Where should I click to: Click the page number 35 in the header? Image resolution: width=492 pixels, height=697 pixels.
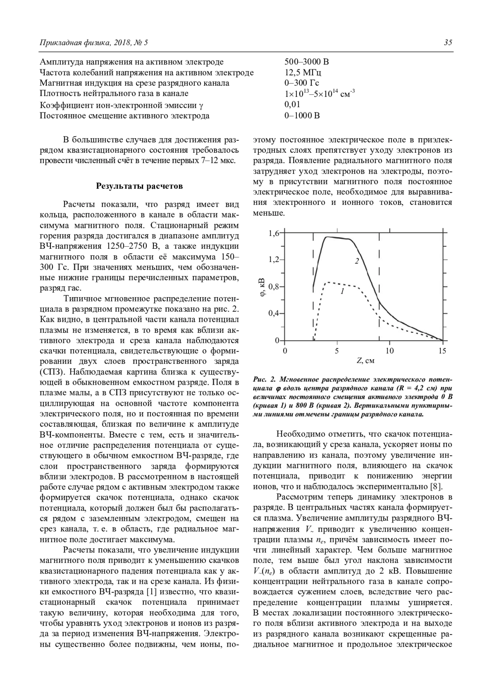(x=448, y=42)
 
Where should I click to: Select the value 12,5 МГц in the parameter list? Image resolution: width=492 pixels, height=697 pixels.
(x=303, y=73)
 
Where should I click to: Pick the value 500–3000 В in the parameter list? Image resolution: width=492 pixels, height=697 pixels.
(x=306, y=62)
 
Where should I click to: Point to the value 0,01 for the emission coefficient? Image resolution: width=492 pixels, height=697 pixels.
(x=292, y=105)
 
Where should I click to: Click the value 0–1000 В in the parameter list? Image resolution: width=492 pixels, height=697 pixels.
(x=302, y=115)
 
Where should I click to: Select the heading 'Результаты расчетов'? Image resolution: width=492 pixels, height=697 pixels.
(x=139, y=186)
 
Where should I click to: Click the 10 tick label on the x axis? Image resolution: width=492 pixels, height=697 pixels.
(x=389, y=351)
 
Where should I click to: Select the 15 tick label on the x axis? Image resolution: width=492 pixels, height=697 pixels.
(x=442, y=351)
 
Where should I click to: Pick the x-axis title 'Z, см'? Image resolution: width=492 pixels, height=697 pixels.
(x=365, y=361)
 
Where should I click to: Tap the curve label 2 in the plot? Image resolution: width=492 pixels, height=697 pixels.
(x=357, y=261)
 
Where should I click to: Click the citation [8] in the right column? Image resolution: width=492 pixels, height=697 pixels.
(x=435, y=487)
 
